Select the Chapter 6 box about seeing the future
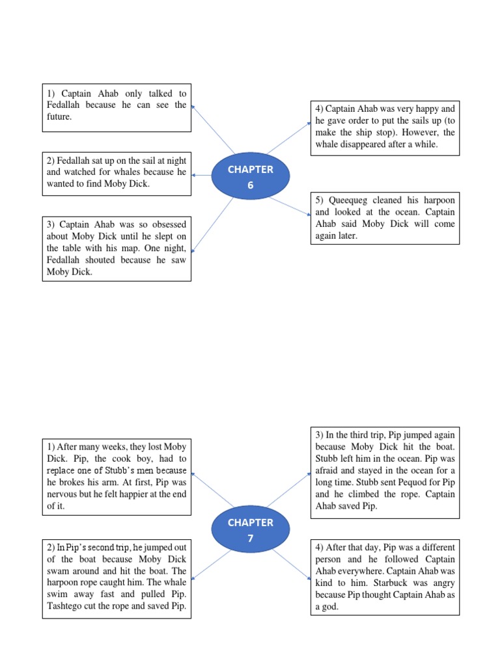tap(117, 108)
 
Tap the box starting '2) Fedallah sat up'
tap(117, 173)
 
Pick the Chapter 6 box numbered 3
tap(117, 248)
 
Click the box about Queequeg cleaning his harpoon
tap(384, 218)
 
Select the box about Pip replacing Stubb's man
tap(117, 477)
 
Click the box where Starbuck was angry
tap(384, 577)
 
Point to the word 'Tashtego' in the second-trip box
tap(66, 606)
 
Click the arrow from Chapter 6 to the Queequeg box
tap(290, 205)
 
